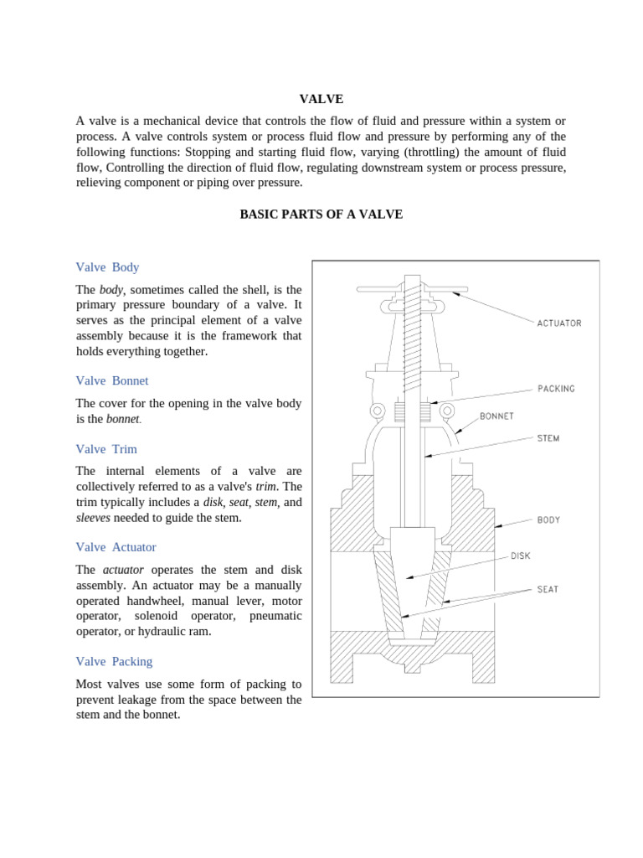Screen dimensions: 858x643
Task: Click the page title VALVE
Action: click(321, 99)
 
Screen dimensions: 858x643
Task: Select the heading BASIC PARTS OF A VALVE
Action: click(321, 214)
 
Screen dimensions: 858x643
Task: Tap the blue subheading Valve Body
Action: click(107, 267)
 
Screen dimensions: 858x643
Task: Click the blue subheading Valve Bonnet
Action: click(112, 380)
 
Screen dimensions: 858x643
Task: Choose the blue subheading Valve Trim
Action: click(106, 449)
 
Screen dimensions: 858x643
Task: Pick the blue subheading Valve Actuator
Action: click(116, 547)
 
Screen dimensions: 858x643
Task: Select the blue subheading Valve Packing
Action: click(114, 661)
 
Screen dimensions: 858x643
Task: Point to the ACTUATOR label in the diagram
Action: click(558, 323)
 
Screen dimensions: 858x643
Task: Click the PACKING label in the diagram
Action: click(555, 389)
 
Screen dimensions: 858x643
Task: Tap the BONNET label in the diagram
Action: click(496, 416)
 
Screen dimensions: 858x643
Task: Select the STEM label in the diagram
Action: click(548, 438)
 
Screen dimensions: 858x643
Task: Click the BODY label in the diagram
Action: click(548, 519)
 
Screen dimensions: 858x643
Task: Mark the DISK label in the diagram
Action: click(520, 556)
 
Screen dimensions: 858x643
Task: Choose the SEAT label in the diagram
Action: click(548, 589)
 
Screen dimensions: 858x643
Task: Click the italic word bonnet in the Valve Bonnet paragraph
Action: click(122, 419)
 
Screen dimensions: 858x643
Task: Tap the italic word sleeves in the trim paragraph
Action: click(93, 518)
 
